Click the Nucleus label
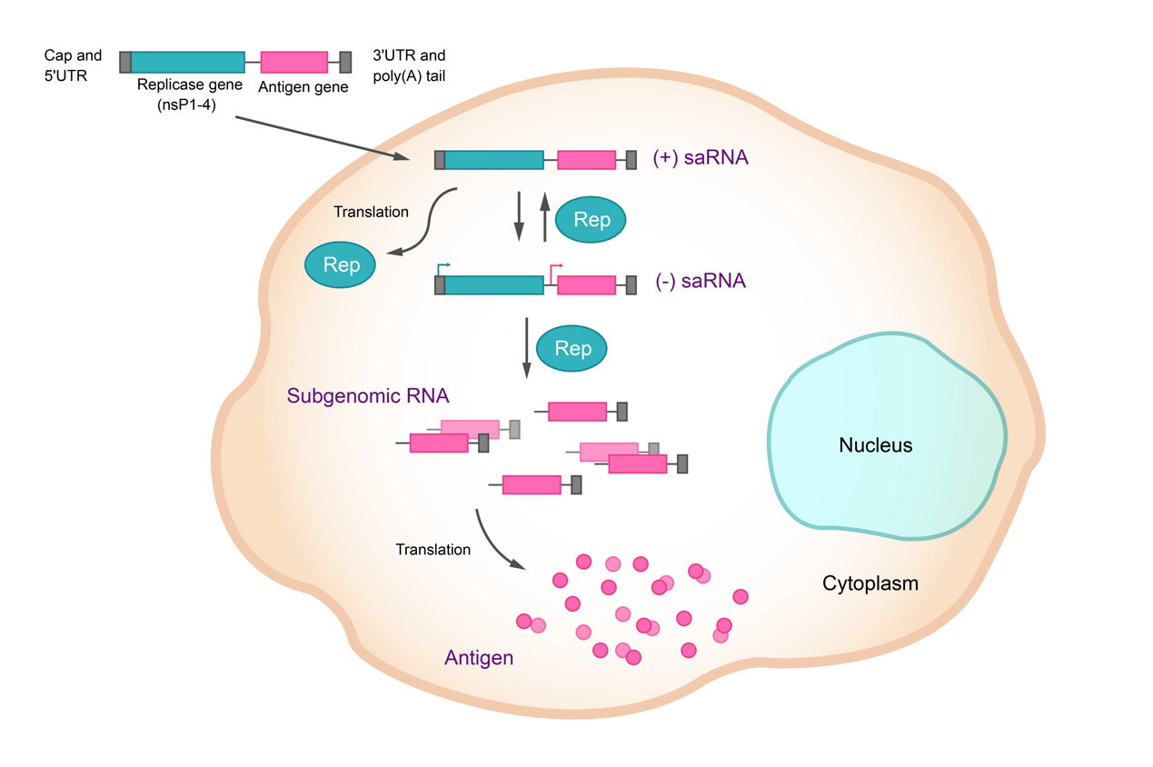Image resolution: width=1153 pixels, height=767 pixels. click(x=875, y=445)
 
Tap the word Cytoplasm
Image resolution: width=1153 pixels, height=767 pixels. click(x=870, y=583)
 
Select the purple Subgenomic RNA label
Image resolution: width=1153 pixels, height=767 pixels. click(x=368, y=396)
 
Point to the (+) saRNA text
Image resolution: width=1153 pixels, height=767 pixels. click(x=701, y=158)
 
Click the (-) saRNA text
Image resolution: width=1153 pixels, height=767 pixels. click(x=701, y=281)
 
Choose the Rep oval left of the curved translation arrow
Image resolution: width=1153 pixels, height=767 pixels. click(x=342, y=265)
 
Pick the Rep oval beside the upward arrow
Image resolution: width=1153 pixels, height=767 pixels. click(x=591, y=220)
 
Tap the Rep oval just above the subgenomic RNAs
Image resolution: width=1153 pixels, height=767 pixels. click(x=572, y=349)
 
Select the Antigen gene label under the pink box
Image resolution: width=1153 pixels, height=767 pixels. click(x=303, y=87)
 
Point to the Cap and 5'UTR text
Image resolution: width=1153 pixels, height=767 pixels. click(x=73, y=65)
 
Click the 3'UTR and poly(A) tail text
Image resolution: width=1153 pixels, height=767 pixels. click(x=409, y=65)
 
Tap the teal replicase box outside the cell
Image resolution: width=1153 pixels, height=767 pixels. click(x=187, y=62)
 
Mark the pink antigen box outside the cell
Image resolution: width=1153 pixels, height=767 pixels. click(x=293, y=62)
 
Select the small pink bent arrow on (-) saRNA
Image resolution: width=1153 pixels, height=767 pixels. click(x=555, y=267)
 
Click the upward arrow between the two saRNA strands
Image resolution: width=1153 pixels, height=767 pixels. click(x=545, y=216)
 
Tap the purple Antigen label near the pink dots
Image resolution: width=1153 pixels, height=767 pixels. click(x=479, y=657)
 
